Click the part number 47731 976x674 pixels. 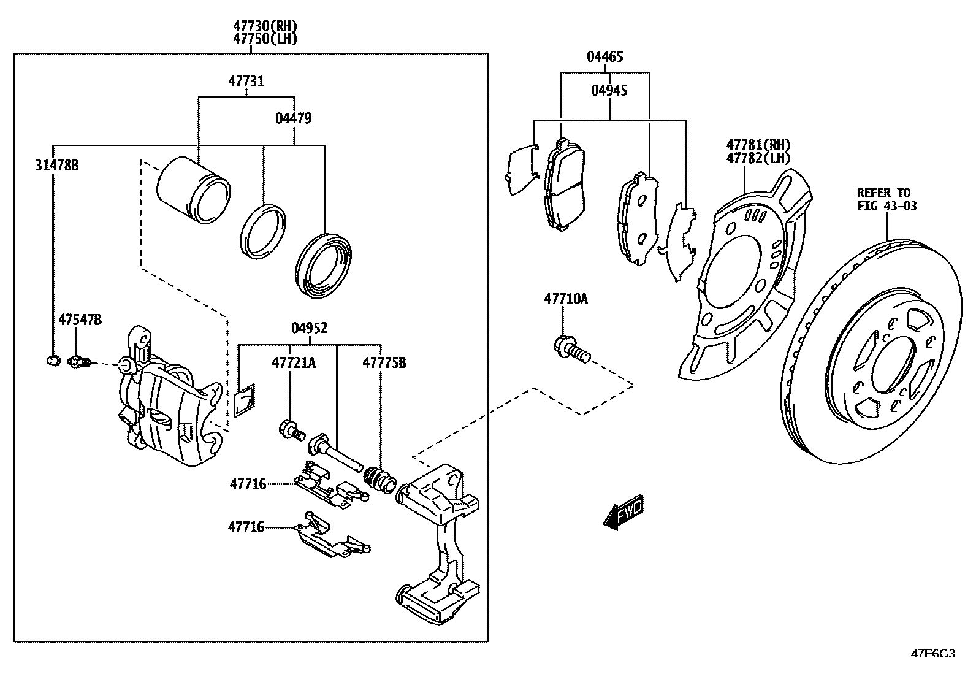coord(246,81)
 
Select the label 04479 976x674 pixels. coord(293,118)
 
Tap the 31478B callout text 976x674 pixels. coord(57,165)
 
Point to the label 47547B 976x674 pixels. coord(80,320)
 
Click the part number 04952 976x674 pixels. coord(309,328)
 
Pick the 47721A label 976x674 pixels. coord(294,363)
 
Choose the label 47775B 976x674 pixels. coord(384,363)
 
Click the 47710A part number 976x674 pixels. coord(565,299)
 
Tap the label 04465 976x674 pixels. coord(604,57)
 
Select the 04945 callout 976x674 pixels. coord(609,91)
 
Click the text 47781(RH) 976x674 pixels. coord(758,145)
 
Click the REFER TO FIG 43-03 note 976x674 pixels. coord(887,199)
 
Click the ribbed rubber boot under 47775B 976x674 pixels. coord(380,478)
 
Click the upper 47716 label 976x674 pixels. coord(248,484)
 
